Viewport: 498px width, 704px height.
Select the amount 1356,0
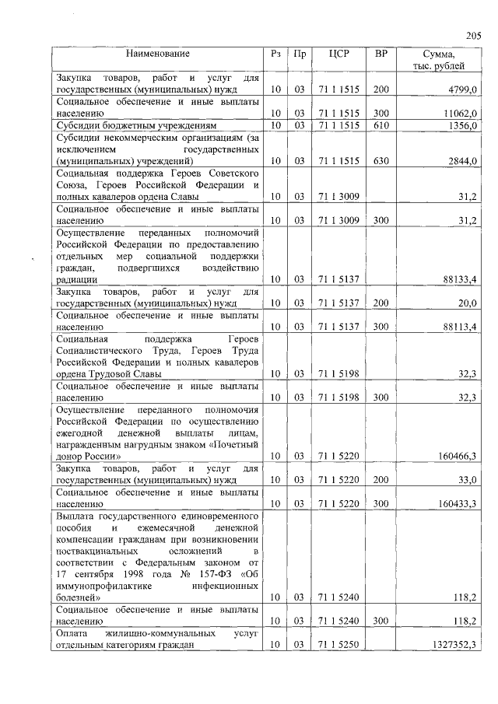(461, 124)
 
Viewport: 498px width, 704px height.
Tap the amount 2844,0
(461, 160)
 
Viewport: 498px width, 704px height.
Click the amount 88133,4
(459, 278)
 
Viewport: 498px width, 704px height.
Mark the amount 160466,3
(457, 456)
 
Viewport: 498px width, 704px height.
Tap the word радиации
(76, 278)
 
